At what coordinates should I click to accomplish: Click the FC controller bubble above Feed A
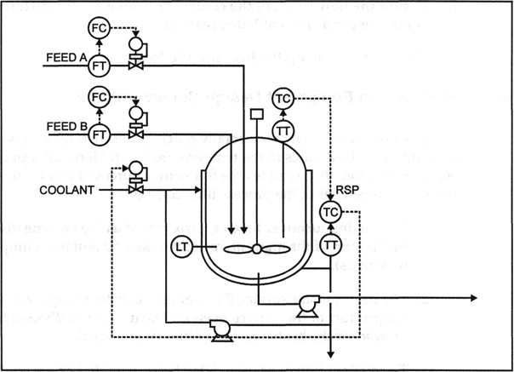click(x=100, y=28)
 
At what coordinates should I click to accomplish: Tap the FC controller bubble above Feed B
click(x=100, y=95)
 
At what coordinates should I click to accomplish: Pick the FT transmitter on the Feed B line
click(x=100, y=134)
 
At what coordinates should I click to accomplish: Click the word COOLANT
click(x=66, y=189)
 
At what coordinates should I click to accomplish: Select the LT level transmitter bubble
click(x=181, y=247)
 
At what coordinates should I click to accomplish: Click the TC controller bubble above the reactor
click(x=284, y=99)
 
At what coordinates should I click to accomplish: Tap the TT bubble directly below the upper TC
click(x=284, y=131)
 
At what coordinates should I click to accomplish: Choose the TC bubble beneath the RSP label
click(x=329, y=212)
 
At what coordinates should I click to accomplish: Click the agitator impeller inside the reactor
click(x=256, y=249)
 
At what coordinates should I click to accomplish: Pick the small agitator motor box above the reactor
click(x=256, y=114)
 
